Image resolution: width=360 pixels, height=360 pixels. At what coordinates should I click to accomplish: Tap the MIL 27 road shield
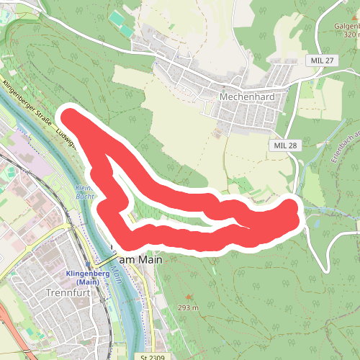click(x=320, y=60)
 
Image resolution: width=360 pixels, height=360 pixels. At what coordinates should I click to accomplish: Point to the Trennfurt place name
click(x=66, y=293)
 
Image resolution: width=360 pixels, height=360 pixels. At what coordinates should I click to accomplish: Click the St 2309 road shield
click(x=153, y=356)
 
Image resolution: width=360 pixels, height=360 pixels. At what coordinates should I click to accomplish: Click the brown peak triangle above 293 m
click(x=189, y=297)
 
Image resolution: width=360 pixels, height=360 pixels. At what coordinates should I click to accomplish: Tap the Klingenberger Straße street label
click(x=30, y=105)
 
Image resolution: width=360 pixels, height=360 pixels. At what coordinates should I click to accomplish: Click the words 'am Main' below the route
click(x=140, y=259)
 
